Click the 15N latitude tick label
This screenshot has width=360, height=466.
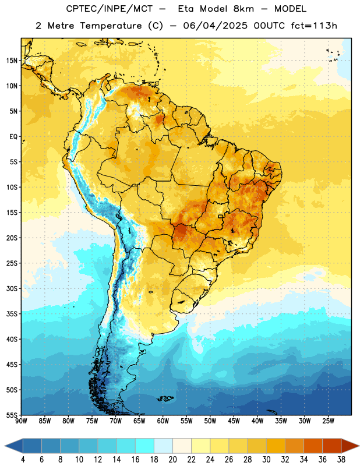(x=12, y=61)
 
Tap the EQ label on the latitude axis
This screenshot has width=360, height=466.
(x=13, y=137)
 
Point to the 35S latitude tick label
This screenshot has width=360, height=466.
(x=12, y=314)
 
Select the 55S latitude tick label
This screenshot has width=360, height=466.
(x=12, y=415)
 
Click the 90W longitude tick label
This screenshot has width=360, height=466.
(x=21, y=421)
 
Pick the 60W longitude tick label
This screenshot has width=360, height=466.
(x=163, y=421)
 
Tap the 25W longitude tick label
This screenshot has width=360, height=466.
(x=328, y=421)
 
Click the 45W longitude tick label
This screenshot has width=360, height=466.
(x=234, y=421)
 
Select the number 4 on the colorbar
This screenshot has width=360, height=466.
(x=23, y=460)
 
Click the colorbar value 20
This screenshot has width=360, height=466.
(x=172, y=460)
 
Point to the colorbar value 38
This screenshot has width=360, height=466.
(x=341, y=460)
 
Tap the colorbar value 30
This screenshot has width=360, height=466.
(x=266, y=460)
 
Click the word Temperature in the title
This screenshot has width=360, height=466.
(x=111, y=26)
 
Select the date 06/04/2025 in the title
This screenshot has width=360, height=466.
(x=215, y=26)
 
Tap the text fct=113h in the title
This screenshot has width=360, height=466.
(x=314, y=26)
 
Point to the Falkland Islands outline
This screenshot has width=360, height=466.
(x=165, y=398)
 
